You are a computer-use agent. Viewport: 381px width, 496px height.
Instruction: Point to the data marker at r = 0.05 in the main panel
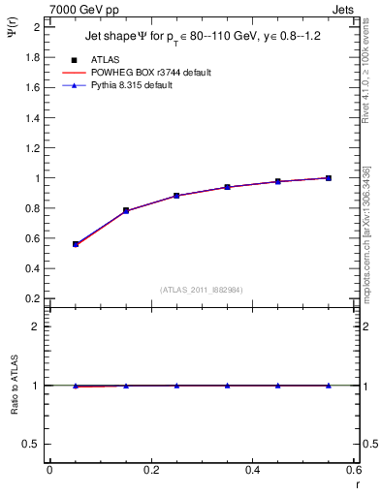[76, 244]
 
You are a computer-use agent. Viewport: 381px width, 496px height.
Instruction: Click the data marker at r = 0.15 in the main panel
[126, 210]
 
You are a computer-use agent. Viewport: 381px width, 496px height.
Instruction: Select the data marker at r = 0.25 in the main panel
[176, 196]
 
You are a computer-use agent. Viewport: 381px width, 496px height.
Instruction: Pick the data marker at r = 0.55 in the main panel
[329, 178]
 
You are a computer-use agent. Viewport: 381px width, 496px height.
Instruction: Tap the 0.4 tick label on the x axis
[252, 470]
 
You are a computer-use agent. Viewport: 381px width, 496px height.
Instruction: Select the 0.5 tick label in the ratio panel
[30, 444]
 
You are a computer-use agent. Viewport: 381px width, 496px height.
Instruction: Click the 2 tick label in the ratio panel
[35, 326]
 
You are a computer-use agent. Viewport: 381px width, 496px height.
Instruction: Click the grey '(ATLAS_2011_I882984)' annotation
[202, 291]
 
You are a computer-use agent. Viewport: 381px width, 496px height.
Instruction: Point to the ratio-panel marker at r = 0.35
[227, 386]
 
